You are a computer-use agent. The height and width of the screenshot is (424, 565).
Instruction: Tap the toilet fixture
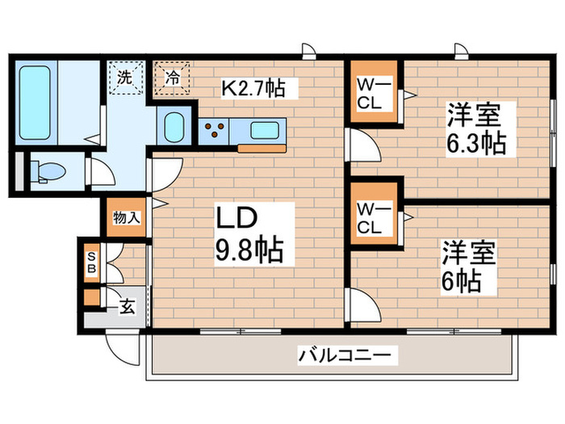[50, 170]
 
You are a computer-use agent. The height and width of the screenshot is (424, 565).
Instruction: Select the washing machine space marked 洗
[126, 78]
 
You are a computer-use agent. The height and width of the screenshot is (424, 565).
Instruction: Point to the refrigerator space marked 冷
[172, 78]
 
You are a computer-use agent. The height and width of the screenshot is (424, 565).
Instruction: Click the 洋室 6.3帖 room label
[475, 128]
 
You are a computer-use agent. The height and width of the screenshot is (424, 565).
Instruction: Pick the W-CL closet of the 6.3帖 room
[373, 93]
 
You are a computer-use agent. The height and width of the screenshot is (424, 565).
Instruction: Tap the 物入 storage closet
[127, 216]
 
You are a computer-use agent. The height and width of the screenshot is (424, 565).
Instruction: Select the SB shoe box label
[91, 261]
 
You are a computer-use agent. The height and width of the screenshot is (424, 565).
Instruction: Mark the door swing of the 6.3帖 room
[364, 149]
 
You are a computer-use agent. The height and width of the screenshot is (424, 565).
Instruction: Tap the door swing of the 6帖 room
[363, 305]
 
